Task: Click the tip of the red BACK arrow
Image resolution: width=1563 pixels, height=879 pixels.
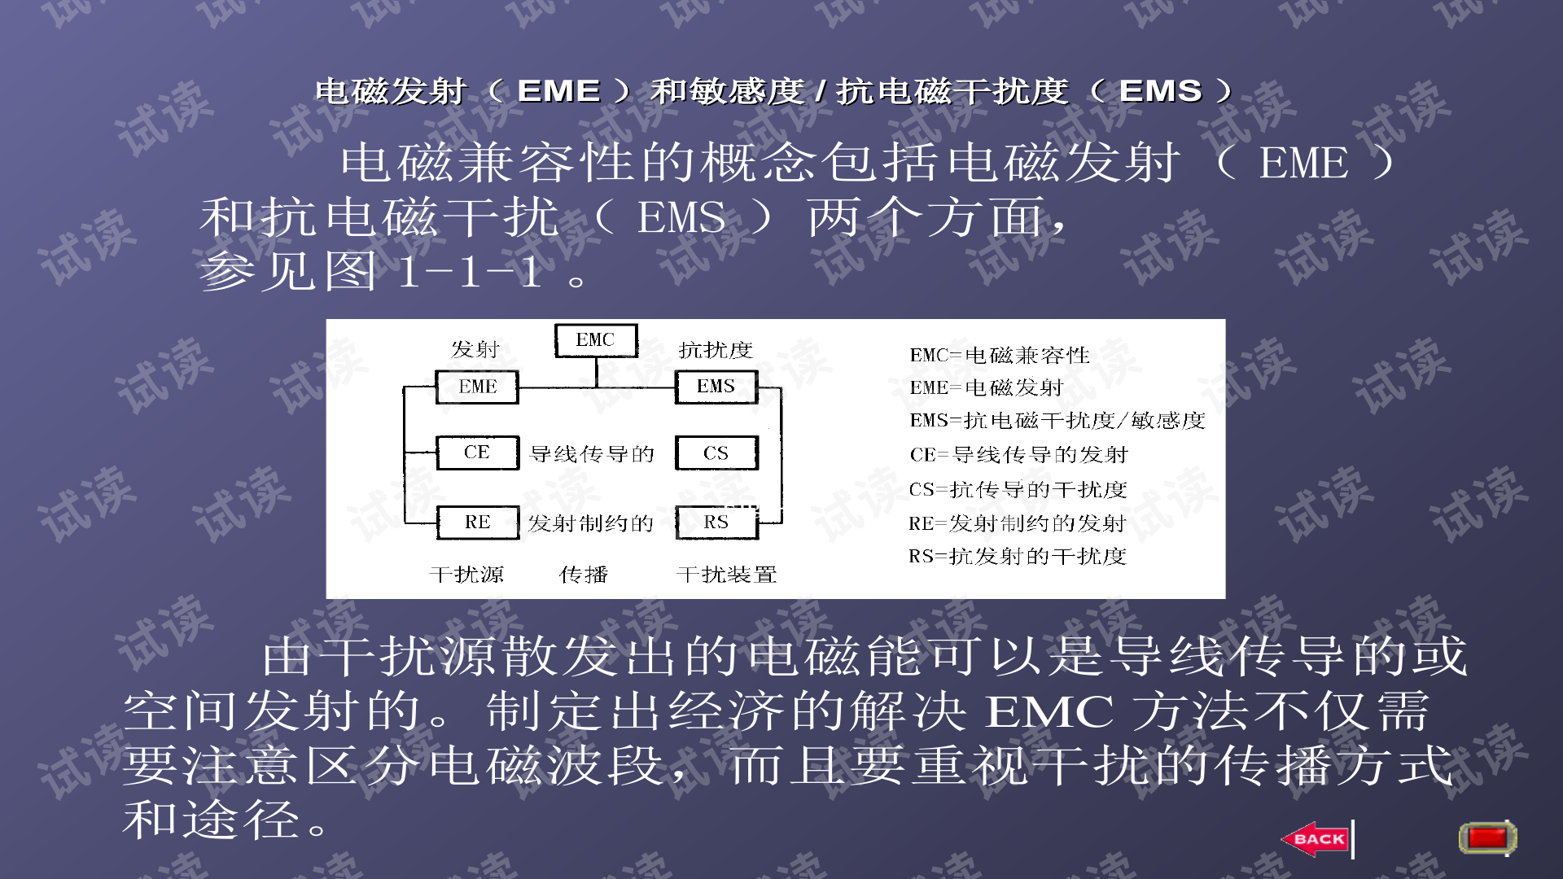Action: point(1281,839)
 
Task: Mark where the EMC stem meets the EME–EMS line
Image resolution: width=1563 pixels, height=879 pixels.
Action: point(597,387)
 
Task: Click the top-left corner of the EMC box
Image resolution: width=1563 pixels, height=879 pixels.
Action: point(555,325)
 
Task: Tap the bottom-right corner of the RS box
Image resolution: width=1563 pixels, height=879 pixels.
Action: point(758,539)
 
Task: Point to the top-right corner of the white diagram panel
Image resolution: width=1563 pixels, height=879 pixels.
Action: point(1225,320)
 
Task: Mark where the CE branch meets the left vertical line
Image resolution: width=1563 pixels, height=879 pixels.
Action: point(405,453)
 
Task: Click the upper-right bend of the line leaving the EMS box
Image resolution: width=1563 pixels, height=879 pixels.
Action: point(781,388)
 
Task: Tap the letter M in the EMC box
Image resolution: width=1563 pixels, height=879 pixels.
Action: point(594,340)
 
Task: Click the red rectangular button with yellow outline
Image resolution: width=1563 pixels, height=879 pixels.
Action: point(1487,837)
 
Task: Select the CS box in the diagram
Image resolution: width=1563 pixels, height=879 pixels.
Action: point(716,453)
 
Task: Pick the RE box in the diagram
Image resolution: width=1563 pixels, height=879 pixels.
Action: point(478,523)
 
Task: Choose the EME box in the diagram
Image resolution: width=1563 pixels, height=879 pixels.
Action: point(477,387)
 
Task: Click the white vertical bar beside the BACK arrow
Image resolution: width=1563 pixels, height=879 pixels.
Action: point(1353,839)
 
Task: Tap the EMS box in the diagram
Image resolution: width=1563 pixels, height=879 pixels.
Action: point(716,387)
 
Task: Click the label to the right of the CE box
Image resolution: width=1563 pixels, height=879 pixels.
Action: point(592,454)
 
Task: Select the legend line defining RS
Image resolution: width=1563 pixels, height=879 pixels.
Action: point(1018,556)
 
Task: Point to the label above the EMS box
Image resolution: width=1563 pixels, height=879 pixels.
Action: point(716,350)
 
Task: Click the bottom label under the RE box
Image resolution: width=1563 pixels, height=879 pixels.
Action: point(466,575)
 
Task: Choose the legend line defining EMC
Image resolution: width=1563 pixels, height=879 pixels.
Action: point(1000,355)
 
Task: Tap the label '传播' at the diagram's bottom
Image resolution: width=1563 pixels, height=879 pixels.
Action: point(584,575)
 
